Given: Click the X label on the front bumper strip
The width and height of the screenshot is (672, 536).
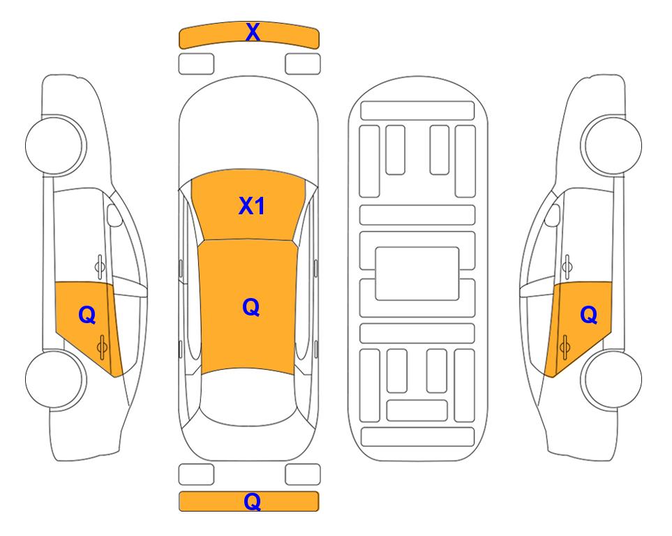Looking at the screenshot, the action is pyautogui.click(x=253, y=32).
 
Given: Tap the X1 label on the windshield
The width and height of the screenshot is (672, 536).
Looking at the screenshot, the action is pyautogui.click(x=252, y=206).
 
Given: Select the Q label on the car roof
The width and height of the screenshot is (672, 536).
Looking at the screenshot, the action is pyautogui.click(x=251, y=308).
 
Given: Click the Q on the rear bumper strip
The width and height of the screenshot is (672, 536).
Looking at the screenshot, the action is pyautogui.click(x=252, y=501).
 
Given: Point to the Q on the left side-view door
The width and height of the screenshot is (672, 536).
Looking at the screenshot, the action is pyautogui.click(x=87, y=315).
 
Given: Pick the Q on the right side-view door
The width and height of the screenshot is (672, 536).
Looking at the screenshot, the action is pyautogui.click(x=588, y=315).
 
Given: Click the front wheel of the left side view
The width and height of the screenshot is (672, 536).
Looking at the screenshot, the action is pyautogui.click(x=54, y=145).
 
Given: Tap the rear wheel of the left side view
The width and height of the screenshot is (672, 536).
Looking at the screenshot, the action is pyautogui.click(x=54, y=379).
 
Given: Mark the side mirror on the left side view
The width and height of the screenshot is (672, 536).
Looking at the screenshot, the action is pyautogui.click(x=114, y=215).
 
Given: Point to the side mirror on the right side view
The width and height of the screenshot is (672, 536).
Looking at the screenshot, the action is pyautogui.click(x=553, y=215).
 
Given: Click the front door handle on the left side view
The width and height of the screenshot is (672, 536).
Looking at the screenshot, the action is pyautogui.click(x=100, y=267).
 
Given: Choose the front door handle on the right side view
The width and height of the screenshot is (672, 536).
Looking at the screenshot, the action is pyautogui.click(x=567, y=267).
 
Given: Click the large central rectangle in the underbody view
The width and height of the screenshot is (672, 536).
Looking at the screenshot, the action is pyautogui.click(x=417, y=274).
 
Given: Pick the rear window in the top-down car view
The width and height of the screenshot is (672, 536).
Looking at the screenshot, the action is pyautogui.click(x=248, y=396).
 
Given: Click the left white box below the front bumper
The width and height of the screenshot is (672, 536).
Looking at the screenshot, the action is pyautogui.click(x=196, y=64).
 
